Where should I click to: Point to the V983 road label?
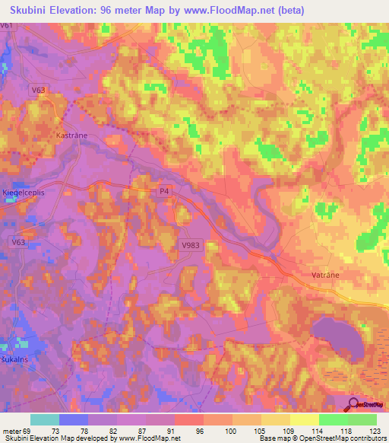pyautogui.click(x=191, y=245)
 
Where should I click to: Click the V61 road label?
pyautogui.click(x=8, y=25)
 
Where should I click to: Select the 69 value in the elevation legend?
pyautogui.click(x=31, y=430)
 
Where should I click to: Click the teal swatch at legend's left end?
pyautogui.click(x=45, y=419)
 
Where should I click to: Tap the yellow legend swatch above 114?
pyautogui.click(x=304, y=419)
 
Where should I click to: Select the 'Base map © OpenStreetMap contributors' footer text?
pyautogui.click(x=321, y=438)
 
